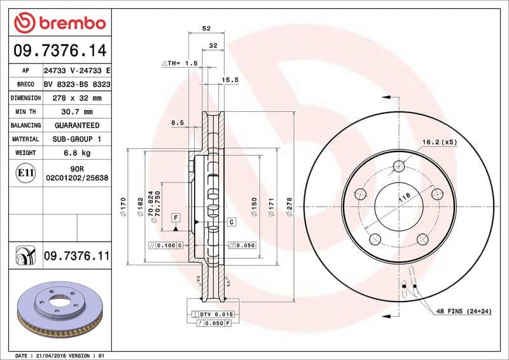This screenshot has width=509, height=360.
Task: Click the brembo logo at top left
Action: pos(59,24)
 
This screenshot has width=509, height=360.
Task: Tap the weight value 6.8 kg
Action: pos(76,153)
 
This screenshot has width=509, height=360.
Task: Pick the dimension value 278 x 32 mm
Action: pos(76,98)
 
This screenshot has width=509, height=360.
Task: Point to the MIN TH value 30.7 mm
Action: pos(76,112)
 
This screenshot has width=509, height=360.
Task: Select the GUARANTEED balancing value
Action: pos(76,125)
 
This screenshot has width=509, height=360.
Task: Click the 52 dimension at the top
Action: pos(206,29)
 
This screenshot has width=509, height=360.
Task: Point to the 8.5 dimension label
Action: pos(177,122)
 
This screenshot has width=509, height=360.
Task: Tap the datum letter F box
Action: pos(175,218)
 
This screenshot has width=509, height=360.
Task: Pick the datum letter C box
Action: pos(231,222)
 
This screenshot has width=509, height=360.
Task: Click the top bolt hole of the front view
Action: pos(399,167)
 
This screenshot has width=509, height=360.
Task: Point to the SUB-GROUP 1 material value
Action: pos(76,139)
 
